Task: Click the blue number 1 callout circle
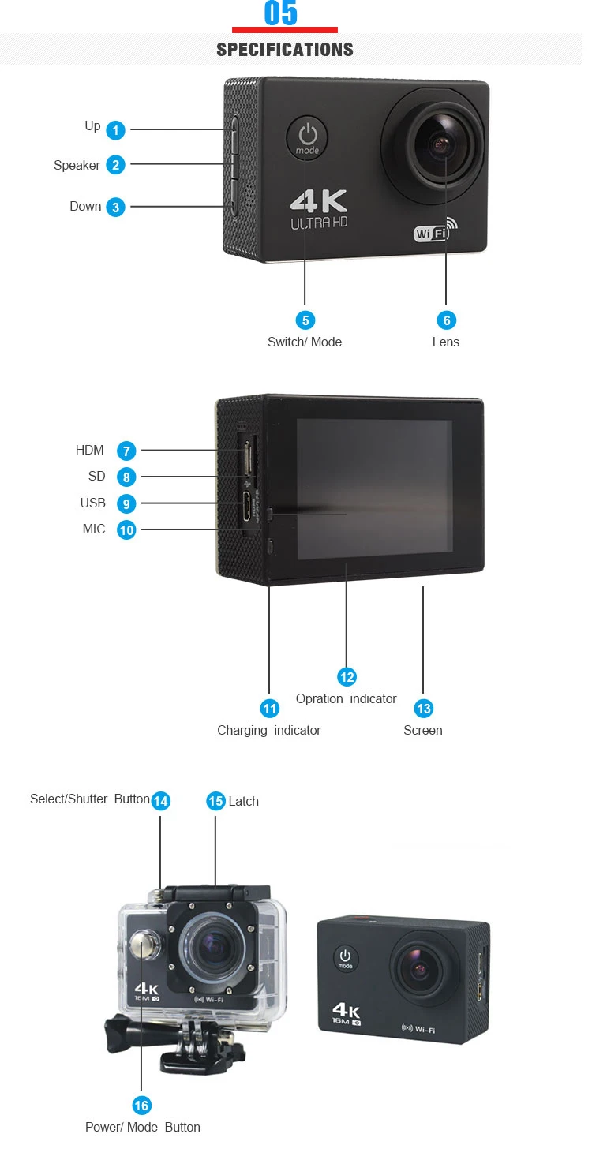pyautogui.click(x=116, y=130)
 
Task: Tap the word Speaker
pyautogui.click(x=77, y=166)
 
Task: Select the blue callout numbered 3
pyautogui.click(x=116, y=208)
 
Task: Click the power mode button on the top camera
pyautogui.click(x=307, y=137)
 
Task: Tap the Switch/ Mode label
pyautogui.click(x=305, y=342)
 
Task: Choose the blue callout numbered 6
pyautogui.click(x=446, y=320)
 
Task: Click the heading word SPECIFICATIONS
pyautogui.click(x=285, y=50)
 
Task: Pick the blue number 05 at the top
pyautogui.click(x=281, y=13)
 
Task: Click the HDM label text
pyautogui.click(x=90, y=451)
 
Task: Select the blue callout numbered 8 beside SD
pyautogui.click(x=126, y=477)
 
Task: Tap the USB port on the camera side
pyautogui.click(x=247, y=503)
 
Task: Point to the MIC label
pyautogui.click(x=94, y=529)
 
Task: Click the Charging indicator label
pyautogui.click(x=269, y=731)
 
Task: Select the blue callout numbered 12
pyautogui.click(x=347, y=677)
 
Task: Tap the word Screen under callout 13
pyautogui.click(x=423, y=731)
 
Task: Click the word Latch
pyautogui.click(x=243, y=802)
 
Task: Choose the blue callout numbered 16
pyautogui.click(x=142, y=1106)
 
